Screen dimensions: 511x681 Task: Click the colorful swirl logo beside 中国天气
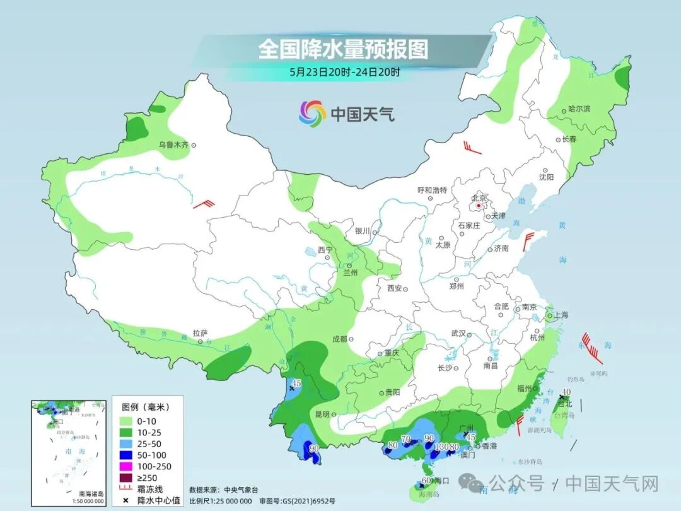click(312, 114)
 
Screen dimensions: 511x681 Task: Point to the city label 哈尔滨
click(579, 109)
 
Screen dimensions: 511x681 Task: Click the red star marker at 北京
click(479, 206)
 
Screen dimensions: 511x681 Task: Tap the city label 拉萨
click(200, 333)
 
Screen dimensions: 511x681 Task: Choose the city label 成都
click(339, 339)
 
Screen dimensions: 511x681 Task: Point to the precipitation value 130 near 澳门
click(441, 447)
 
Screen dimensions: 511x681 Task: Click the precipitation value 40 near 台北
click(566, 391)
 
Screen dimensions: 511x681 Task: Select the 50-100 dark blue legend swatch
click(125, 455)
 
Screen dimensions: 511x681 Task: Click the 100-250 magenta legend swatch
click(125, 466)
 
